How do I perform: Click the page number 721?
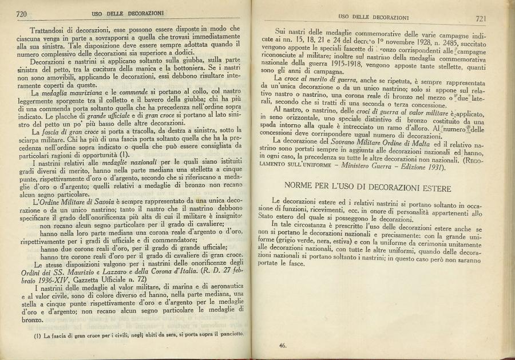481,18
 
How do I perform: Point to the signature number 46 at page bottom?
283,345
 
